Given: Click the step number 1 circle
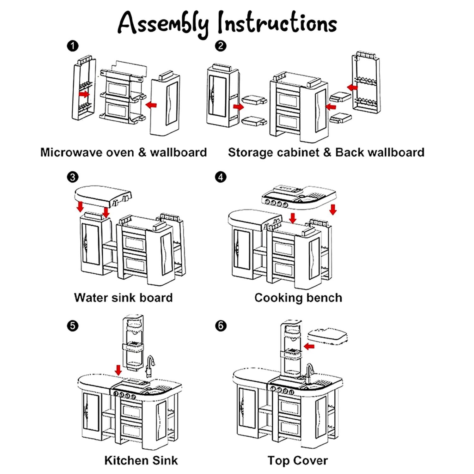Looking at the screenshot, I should (x=73, y=46).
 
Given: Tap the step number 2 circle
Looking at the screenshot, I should (x=221, y=46).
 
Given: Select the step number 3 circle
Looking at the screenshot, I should (x=73, y=177).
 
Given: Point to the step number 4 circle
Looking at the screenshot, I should (x=221, y=177).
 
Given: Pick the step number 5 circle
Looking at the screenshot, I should (x=73, y=326).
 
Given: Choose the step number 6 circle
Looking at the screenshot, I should (x=221, y=326).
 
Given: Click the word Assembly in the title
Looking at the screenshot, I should (x=163, y=23).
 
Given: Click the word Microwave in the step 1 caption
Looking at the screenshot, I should (x=87, y=152).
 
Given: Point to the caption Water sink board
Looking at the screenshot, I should (x=123, y=298).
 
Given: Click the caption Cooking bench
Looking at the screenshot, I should (x=298, y=298).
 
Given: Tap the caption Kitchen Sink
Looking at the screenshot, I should (x=141, y=460).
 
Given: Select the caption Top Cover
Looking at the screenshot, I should (x=297, y=460).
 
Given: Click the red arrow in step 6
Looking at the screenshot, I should (x=309, y=346).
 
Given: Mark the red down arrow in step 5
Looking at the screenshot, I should (x=118, y=370).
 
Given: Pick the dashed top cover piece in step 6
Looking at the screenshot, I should (x=328, y=336).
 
